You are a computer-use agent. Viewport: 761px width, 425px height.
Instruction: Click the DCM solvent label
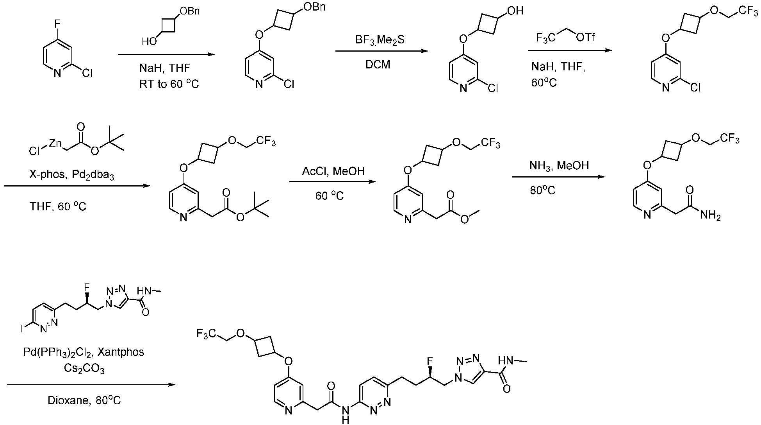[378, 65]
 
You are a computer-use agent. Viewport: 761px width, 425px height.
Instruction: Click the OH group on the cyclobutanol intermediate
[515, 11]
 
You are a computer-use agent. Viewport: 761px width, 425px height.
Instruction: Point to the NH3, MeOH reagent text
[559, 166]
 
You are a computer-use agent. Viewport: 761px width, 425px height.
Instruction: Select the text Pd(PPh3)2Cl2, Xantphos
[84, 353]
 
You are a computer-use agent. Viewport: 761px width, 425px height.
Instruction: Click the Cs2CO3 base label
[84, 369]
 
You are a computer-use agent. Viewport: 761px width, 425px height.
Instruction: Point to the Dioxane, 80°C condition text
[84, 400]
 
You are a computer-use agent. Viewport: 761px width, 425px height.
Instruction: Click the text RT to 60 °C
[169, 84]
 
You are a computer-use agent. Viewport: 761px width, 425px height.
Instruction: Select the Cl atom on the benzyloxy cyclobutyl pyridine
[289, 84]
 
